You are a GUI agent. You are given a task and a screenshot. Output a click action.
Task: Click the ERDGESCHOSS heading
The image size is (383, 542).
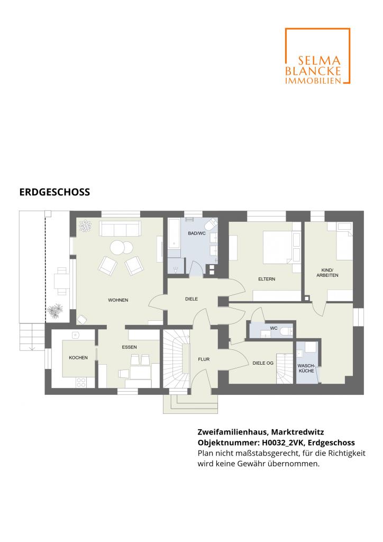(x=54, y=192)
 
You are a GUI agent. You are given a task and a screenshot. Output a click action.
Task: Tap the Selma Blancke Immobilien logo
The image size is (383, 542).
(x=317, y=56)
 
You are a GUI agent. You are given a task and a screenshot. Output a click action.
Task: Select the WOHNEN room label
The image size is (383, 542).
(x=118, y=300)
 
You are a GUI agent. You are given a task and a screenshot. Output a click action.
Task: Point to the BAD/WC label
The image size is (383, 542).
(x=196, y=233)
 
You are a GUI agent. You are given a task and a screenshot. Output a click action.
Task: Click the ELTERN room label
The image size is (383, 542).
(x=267, y=279)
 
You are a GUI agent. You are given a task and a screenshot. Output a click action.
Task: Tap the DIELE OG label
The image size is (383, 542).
(x=263, y=363)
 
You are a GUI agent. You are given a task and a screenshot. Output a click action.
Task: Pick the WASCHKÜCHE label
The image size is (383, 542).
(x=306, y=368)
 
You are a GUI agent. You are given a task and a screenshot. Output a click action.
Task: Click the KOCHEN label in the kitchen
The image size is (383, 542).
(x=78, y=357)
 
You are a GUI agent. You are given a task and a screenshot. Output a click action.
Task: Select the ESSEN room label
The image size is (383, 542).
(x=129, y=347)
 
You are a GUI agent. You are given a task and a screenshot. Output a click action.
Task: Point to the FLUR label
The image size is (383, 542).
(x=204, y=359)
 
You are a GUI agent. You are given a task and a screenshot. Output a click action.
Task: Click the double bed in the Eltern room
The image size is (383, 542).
(x=278, y=247)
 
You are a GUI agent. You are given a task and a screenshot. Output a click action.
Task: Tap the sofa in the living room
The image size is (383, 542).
(x=120, y=229)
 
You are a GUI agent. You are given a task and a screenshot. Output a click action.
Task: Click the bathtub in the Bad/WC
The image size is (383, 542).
(x=174, y=233)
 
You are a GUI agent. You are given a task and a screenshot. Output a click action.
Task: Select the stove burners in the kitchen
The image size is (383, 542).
(x=81, y=382)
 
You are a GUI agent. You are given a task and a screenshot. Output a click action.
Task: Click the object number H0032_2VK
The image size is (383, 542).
(x=281, y=443)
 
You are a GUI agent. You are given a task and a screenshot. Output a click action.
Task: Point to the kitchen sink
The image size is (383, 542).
(x=75, y=335)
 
